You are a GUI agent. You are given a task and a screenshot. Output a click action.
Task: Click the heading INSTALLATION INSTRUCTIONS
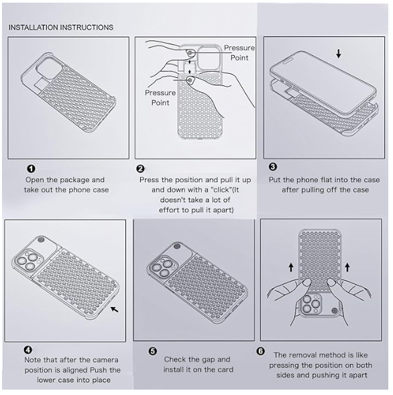click(61, 27)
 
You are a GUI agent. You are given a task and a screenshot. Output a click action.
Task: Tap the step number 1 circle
click(31, 168)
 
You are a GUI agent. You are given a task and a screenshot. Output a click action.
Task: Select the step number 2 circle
click(141, 169)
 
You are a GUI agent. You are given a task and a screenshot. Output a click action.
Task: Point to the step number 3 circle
click(272, 167)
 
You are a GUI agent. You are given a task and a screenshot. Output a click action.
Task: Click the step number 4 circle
click(28, 349)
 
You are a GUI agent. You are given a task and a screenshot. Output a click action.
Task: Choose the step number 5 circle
click(153, 351)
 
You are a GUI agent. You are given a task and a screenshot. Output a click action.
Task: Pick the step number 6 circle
click(260, 351)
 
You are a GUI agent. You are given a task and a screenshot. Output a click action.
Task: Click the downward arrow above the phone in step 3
click(339, 54)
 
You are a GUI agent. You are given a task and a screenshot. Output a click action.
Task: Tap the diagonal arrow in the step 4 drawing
click(115, 309)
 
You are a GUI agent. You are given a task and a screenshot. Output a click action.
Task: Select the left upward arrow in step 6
click(291, 267)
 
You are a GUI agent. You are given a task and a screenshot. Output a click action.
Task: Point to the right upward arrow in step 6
click(347, 267)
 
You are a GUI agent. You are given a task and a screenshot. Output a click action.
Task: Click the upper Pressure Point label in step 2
click(239, 52)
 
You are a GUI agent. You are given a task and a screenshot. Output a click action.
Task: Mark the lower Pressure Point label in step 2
click(160, 98)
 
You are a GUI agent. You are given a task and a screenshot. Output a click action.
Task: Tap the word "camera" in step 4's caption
click(105, 360)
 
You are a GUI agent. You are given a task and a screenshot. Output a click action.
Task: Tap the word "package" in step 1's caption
click(75, 180)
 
